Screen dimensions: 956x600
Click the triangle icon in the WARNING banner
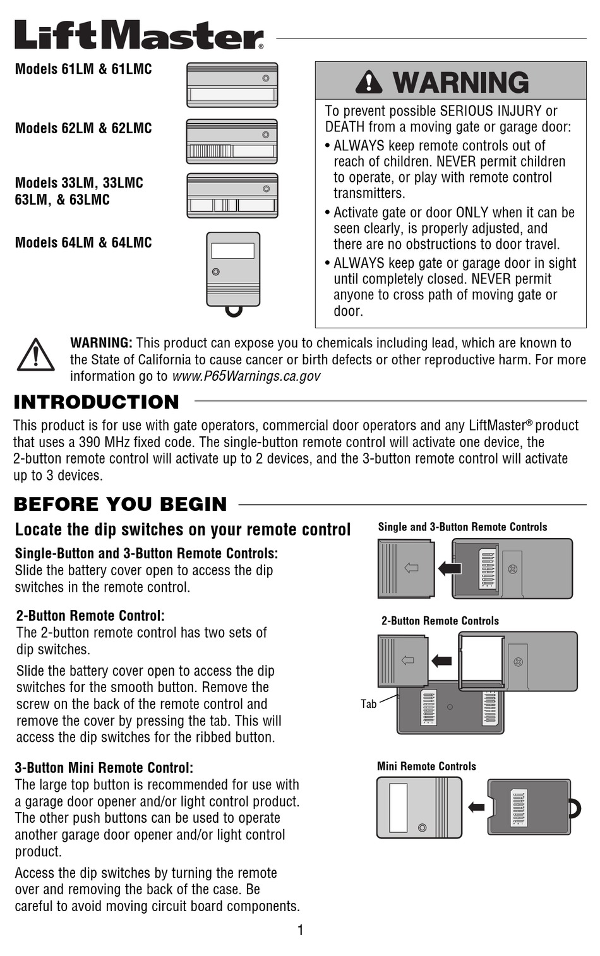click(369, 82)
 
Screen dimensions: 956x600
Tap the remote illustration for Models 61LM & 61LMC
click(232, 85)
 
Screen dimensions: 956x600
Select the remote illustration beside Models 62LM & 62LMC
click(232, 141)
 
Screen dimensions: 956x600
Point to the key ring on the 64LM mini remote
click(234, 311)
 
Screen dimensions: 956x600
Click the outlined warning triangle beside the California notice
click(35, 356)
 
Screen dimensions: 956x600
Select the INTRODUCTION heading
click(97, 402)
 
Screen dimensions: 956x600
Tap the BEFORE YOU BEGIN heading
click(120, 505)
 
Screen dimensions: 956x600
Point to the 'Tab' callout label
click(369, 703)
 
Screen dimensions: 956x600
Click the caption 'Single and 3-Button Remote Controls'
click(462, 527)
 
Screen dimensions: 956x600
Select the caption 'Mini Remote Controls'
click(426, 767)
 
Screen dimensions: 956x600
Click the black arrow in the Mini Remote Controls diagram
click(476, 807)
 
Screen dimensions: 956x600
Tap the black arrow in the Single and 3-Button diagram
click(450, 568)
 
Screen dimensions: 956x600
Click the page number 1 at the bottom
click(301, 929)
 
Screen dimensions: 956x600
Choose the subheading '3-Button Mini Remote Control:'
click(104, 768)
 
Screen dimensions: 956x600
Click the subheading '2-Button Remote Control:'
click(90, 616)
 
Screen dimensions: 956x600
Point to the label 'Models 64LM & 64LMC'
click(83, 242)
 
